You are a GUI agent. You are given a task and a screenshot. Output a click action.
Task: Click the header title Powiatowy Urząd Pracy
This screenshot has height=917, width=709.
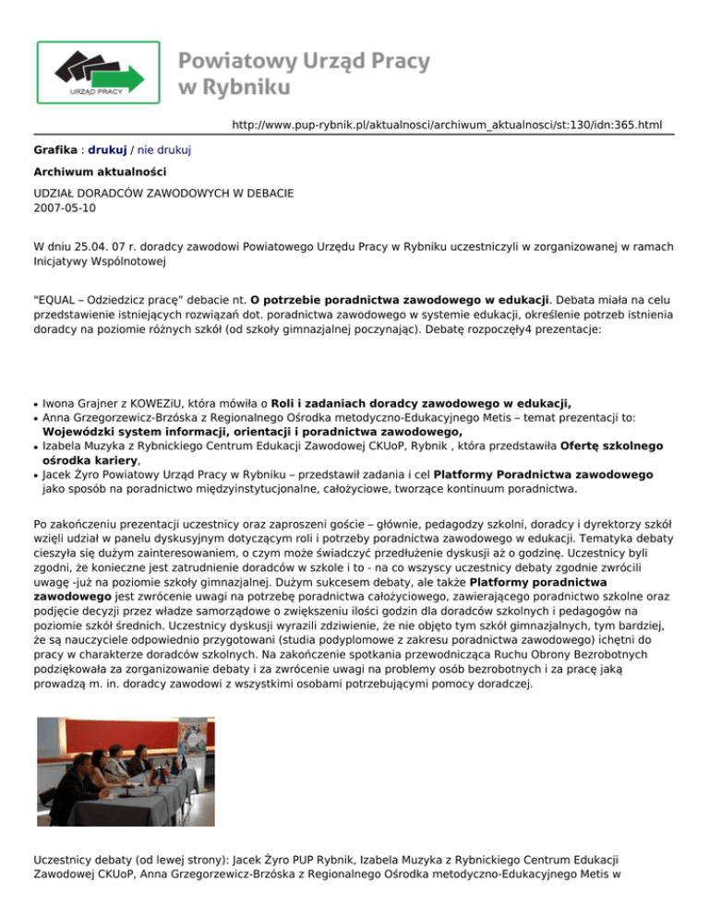(x=304, y=63)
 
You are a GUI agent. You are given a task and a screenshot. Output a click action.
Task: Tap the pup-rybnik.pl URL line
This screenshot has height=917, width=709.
(x=447, y=124)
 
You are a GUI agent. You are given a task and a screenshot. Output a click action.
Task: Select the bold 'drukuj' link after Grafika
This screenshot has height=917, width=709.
(x=107, y=149)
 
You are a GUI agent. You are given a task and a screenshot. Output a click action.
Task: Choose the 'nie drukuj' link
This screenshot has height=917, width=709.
(x=165, y=149)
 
